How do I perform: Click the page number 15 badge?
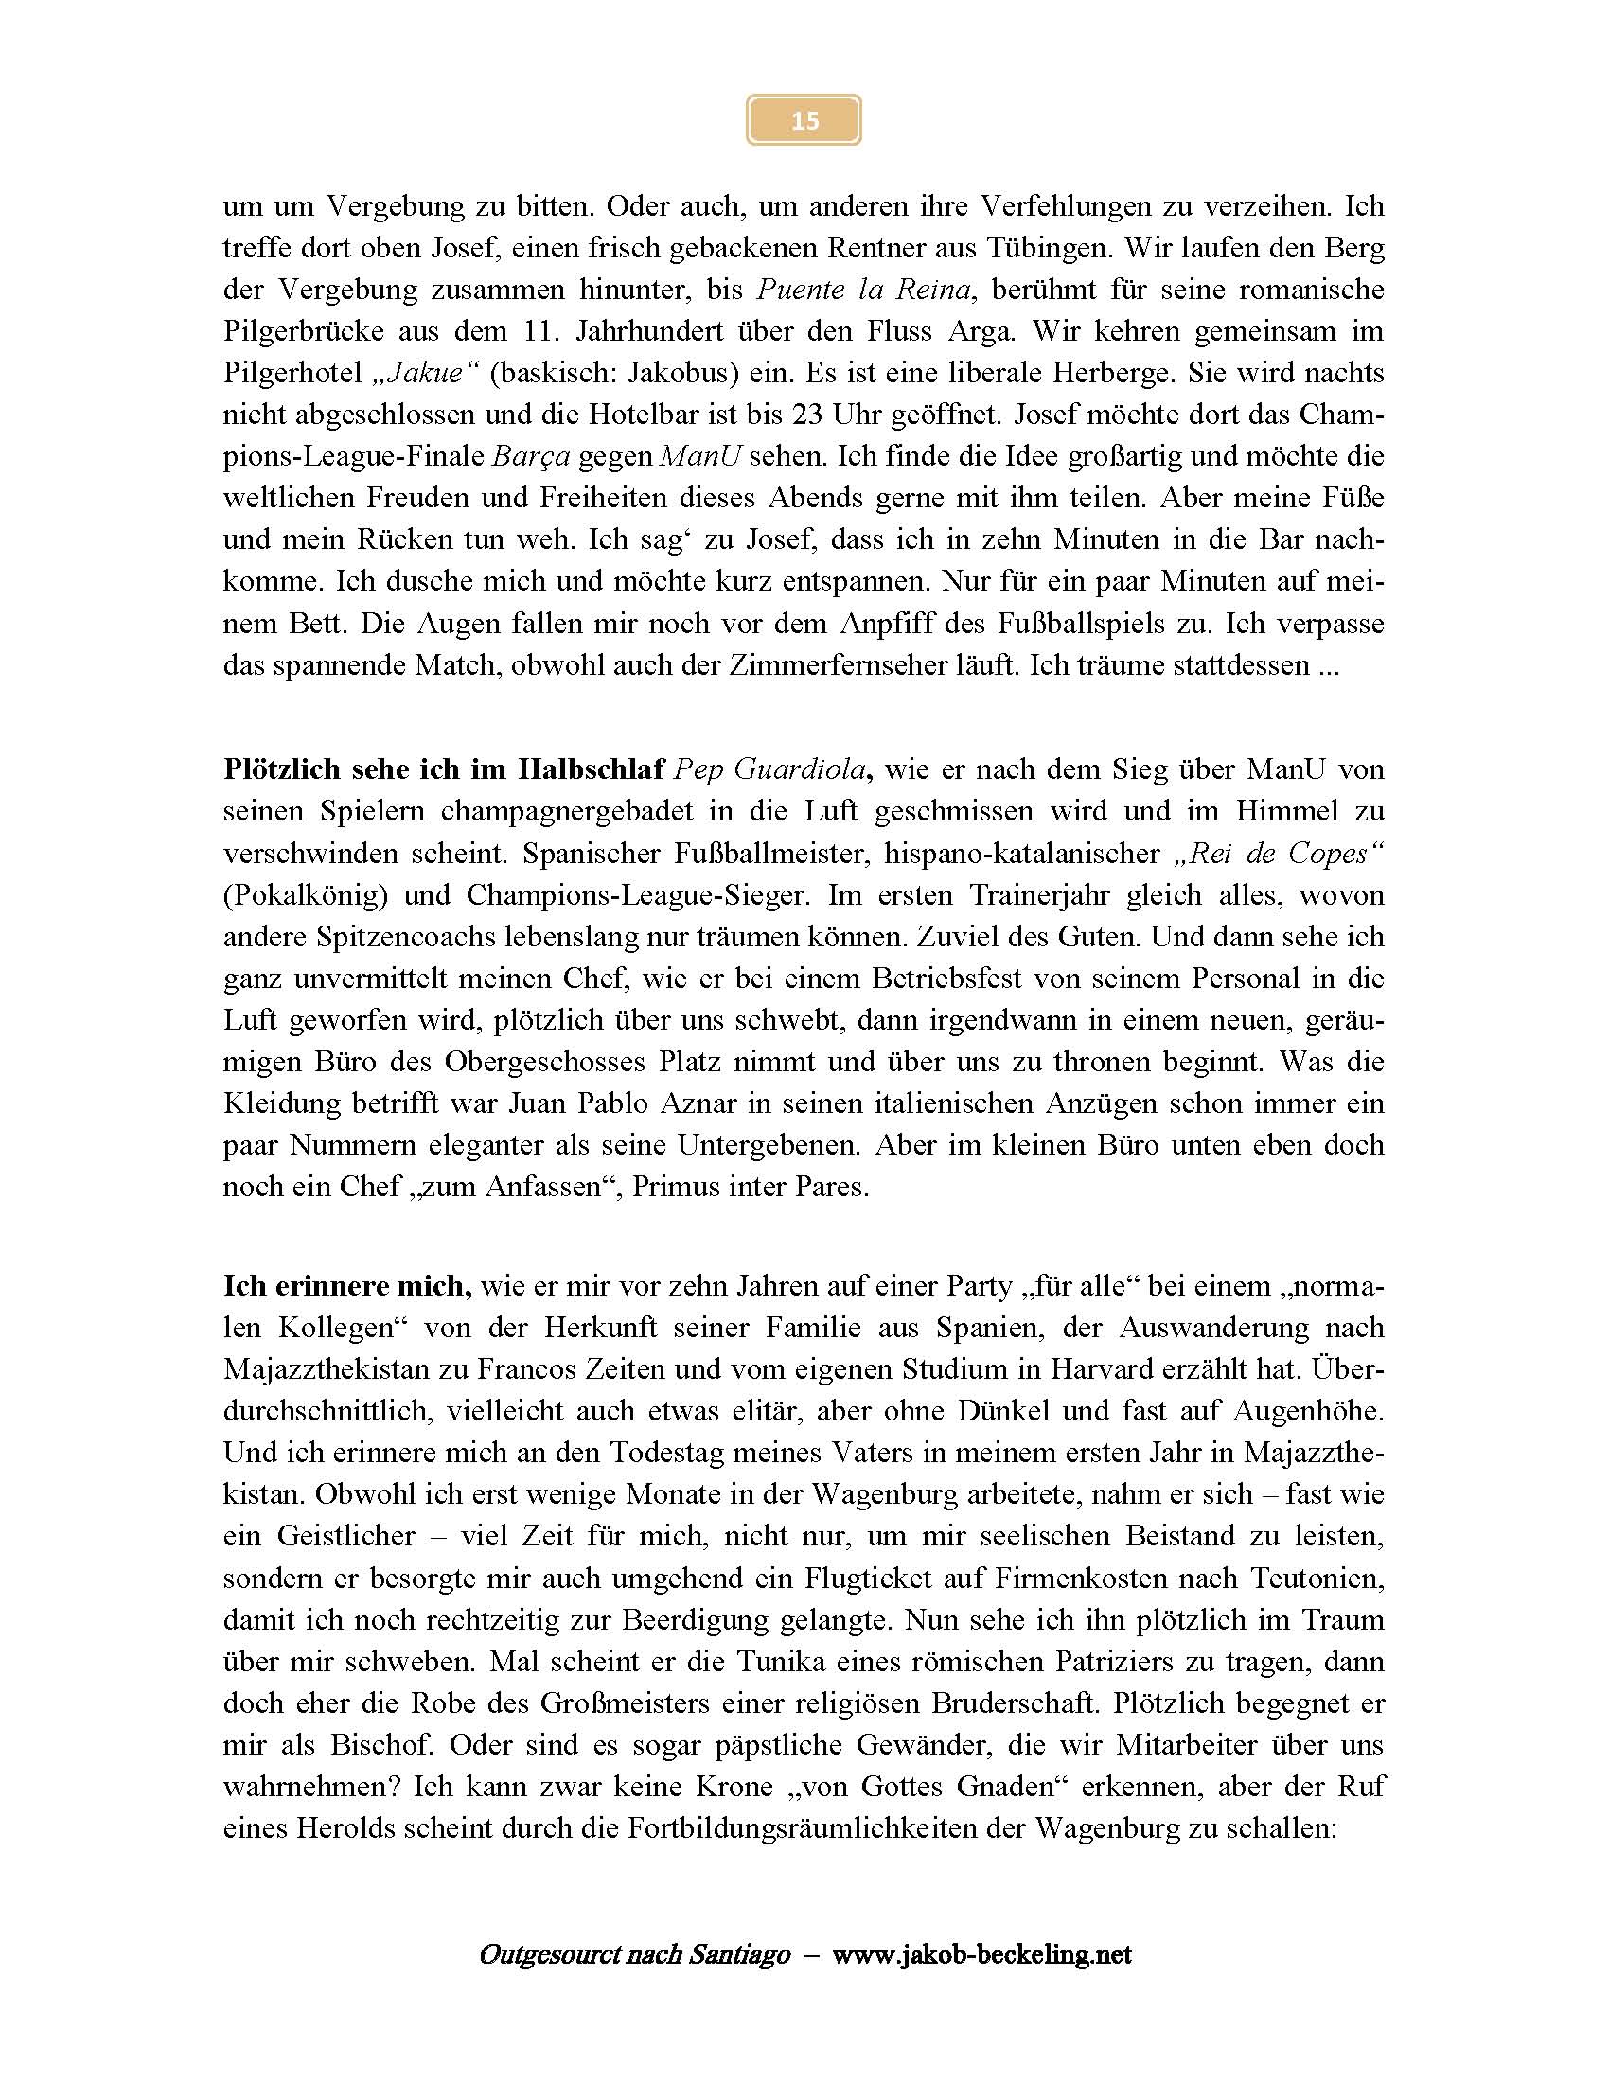pos(804,120)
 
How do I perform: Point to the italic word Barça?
pos(531,457)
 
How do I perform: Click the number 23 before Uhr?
pos(807,415)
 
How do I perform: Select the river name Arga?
pos(983,332)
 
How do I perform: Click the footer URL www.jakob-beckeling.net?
pos(981,1955)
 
